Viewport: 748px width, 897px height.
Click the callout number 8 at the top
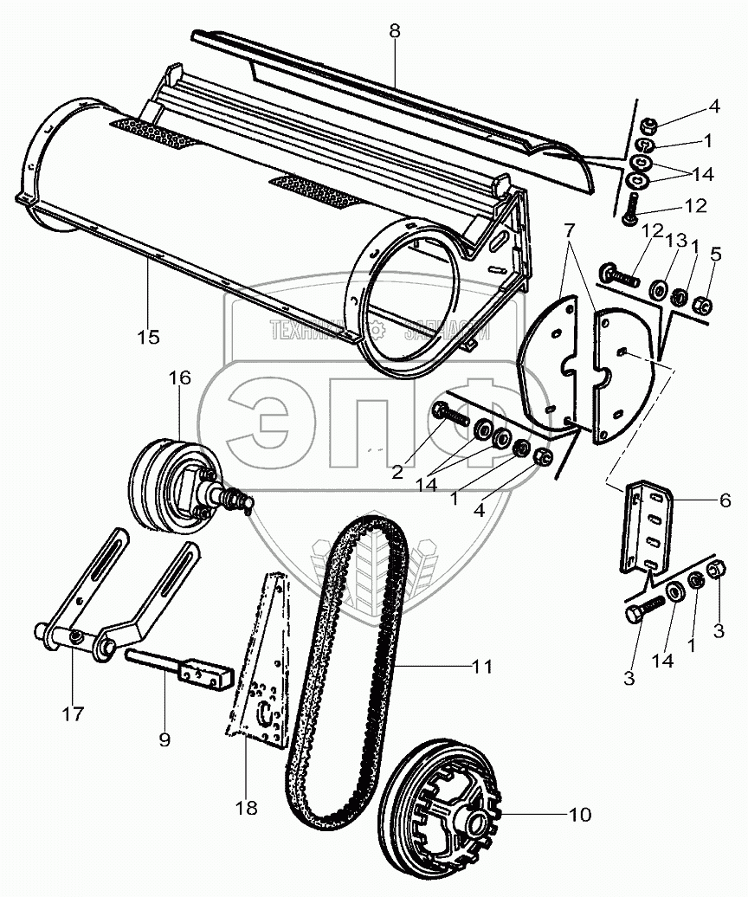[x=395, y=30]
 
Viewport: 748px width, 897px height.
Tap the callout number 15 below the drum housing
[x=148, y=337]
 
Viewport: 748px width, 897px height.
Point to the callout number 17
[x=73, y=713]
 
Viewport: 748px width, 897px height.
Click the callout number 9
[x=164, y=739]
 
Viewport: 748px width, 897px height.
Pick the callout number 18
[x=247, y=808]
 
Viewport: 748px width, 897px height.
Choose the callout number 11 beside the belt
[x=481, y=667]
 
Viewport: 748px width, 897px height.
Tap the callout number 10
[x=579, y=815]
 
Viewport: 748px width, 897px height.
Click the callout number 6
[x=725, y=500]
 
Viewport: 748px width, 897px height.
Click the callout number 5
[x=715, y=255]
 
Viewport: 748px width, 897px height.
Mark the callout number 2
[x=397, y=472]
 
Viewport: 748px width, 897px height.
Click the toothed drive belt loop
[x=345, y=667]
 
